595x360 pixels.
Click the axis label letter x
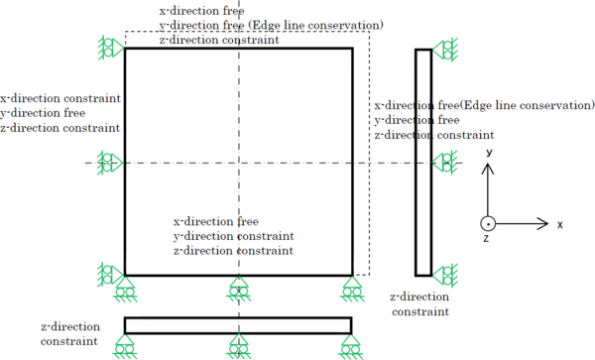[x=559, y=225]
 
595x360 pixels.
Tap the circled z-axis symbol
[x=487, y=224]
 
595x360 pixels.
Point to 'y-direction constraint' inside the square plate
[x=234, y=237]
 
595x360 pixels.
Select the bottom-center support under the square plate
[x=238, y=288]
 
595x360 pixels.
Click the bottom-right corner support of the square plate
[x=352, y=288]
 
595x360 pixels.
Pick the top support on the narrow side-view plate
[x=445, y=48]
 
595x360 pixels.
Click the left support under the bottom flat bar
[x=125, y=346]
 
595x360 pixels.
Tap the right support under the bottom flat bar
[x=352, y=346]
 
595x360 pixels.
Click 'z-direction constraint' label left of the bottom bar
[x=69, y=333]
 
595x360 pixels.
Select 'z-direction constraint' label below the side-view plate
[x=419, y=302]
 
